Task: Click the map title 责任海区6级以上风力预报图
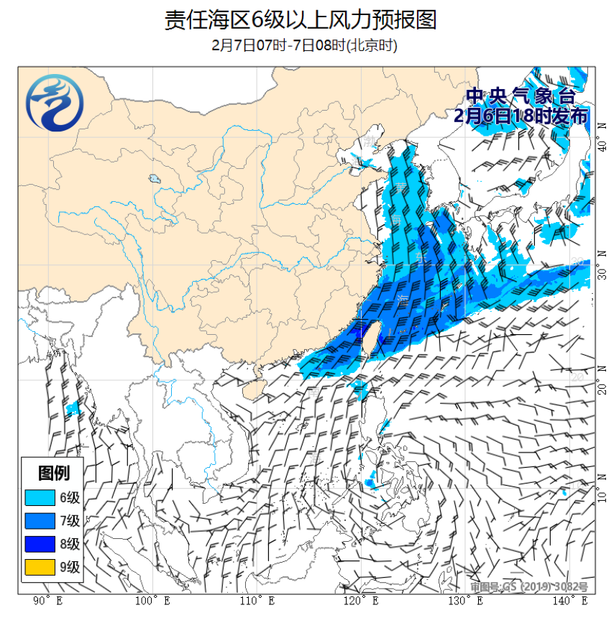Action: tap(301, 19)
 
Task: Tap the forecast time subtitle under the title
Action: tap(305, 45)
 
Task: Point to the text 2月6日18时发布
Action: tap(521, 116)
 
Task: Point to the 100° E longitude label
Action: tap(152, 601)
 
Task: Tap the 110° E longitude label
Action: tap(257, 601)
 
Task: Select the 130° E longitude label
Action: tap(466, 601)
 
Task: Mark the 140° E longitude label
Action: tap(570, 601)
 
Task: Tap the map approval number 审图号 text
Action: tap(529, 587)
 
